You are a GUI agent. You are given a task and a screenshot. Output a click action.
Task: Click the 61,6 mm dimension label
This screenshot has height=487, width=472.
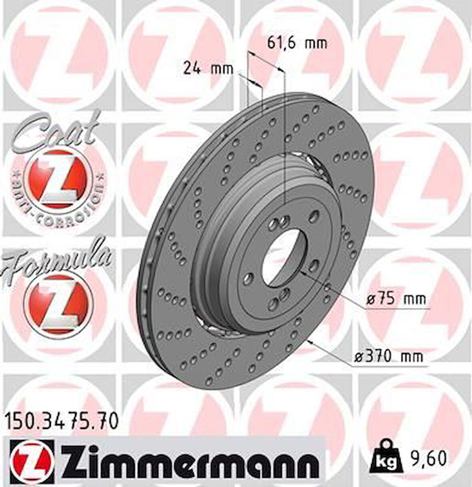tap(296, 43)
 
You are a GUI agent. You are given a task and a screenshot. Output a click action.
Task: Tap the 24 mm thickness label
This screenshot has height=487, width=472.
tap(208, 68)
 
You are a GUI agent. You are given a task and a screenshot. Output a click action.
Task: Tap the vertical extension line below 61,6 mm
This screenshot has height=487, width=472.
tap(284, 140)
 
